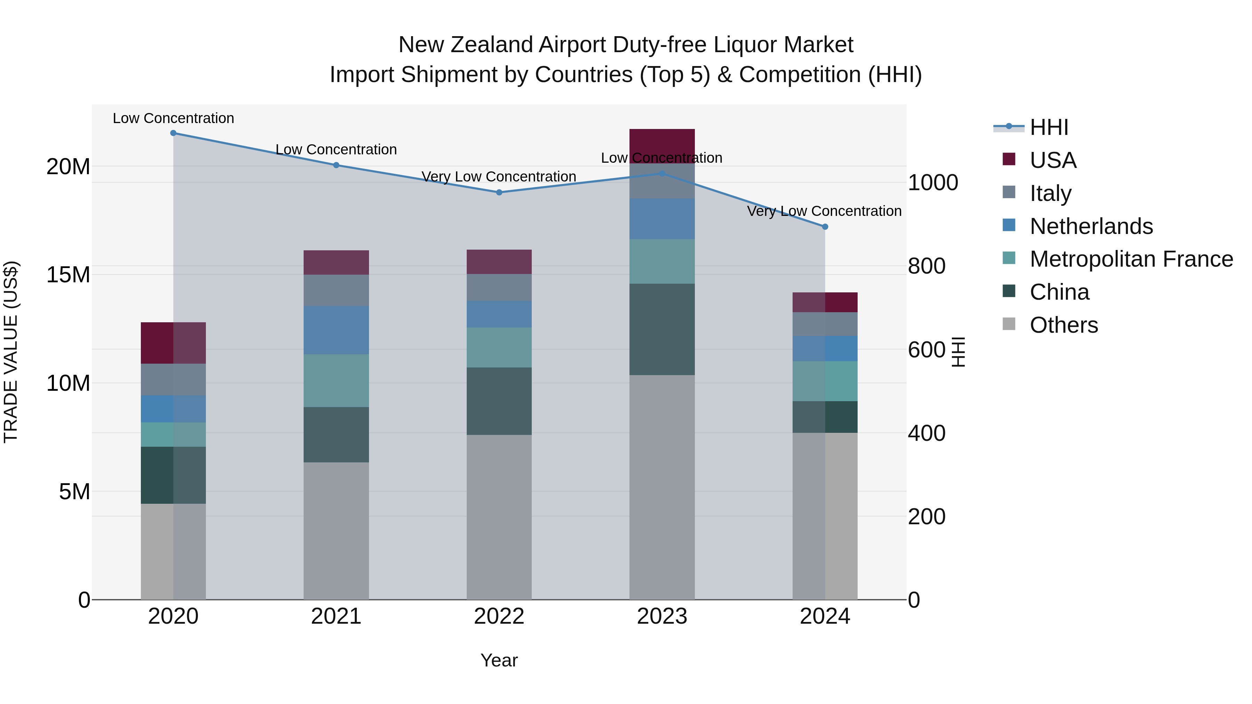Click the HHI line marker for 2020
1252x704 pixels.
173,133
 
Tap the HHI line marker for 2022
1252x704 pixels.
499,192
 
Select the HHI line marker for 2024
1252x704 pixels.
825,227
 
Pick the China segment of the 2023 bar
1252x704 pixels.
662,330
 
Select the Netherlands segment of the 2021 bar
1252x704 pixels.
336,330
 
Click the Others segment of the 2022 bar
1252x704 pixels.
499,517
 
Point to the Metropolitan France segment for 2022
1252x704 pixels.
499,347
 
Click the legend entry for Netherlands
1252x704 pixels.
1091,226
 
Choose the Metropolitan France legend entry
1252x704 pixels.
1131,259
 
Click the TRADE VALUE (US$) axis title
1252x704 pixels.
11,352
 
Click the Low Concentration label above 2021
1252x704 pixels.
336,149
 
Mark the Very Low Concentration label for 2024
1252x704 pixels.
824,211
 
